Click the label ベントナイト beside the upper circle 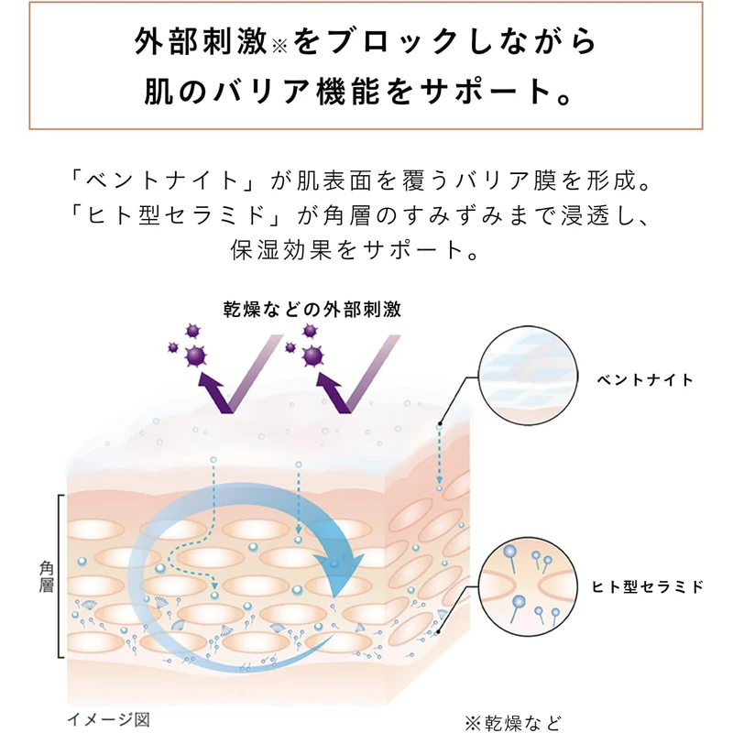(645, 379)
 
